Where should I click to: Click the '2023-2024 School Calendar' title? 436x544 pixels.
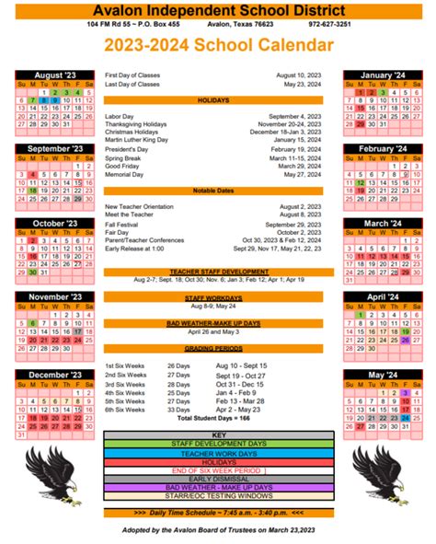[x=218, y=45]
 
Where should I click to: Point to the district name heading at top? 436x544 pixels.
[x=218, y=8]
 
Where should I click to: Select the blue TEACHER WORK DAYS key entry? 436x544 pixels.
[x=218, y=453]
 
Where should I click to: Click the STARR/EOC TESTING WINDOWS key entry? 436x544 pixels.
[x=218, y=494]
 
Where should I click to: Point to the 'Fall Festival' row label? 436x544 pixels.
[x=122, y=225]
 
